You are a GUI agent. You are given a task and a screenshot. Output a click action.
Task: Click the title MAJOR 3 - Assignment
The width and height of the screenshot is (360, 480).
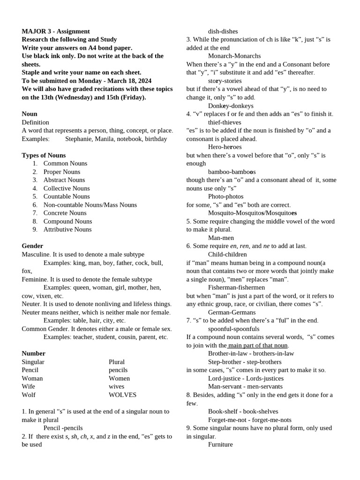click(56, 31)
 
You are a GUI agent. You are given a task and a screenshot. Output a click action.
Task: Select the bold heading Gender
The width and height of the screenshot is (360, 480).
click(32, 246)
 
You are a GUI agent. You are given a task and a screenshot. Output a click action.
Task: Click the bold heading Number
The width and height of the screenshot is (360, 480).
click(33, 353)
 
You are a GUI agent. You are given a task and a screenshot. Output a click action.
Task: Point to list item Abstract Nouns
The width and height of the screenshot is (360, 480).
click(64, 180)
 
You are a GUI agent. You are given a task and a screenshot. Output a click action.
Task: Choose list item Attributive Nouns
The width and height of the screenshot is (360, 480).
click(67, 229)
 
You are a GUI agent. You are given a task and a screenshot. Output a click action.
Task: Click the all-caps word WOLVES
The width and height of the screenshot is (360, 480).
click(123, 395)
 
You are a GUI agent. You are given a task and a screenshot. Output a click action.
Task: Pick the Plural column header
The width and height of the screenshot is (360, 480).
click(117, 362)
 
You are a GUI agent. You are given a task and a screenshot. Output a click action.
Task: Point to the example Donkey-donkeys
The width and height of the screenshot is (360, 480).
click(231, 105)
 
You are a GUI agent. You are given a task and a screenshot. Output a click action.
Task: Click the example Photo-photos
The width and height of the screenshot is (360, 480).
click(226, 196)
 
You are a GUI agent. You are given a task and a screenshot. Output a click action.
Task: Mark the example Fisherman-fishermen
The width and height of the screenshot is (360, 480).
click(236, 287)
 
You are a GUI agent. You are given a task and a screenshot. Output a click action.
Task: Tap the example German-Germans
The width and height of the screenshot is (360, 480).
click(232, 312)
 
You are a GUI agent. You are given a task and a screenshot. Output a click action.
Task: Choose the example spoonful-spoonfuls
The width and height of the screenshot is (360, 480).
click(233, 329)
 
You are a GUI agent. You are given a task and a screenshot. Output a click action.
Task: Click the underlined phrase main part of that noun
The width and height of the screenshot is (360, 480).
click(258, 345)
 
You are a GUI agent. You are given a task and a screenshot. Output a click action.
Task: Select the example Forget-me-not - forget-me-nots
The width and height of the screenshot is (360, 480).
click(249, 420)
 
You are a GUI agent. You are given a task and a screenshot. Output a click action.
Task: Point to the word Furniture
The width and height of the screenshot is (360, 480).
click(220, 444)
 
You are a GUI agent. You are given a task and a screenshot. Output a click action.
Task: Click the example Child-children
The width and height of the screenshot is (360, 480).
click(227, 254)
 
